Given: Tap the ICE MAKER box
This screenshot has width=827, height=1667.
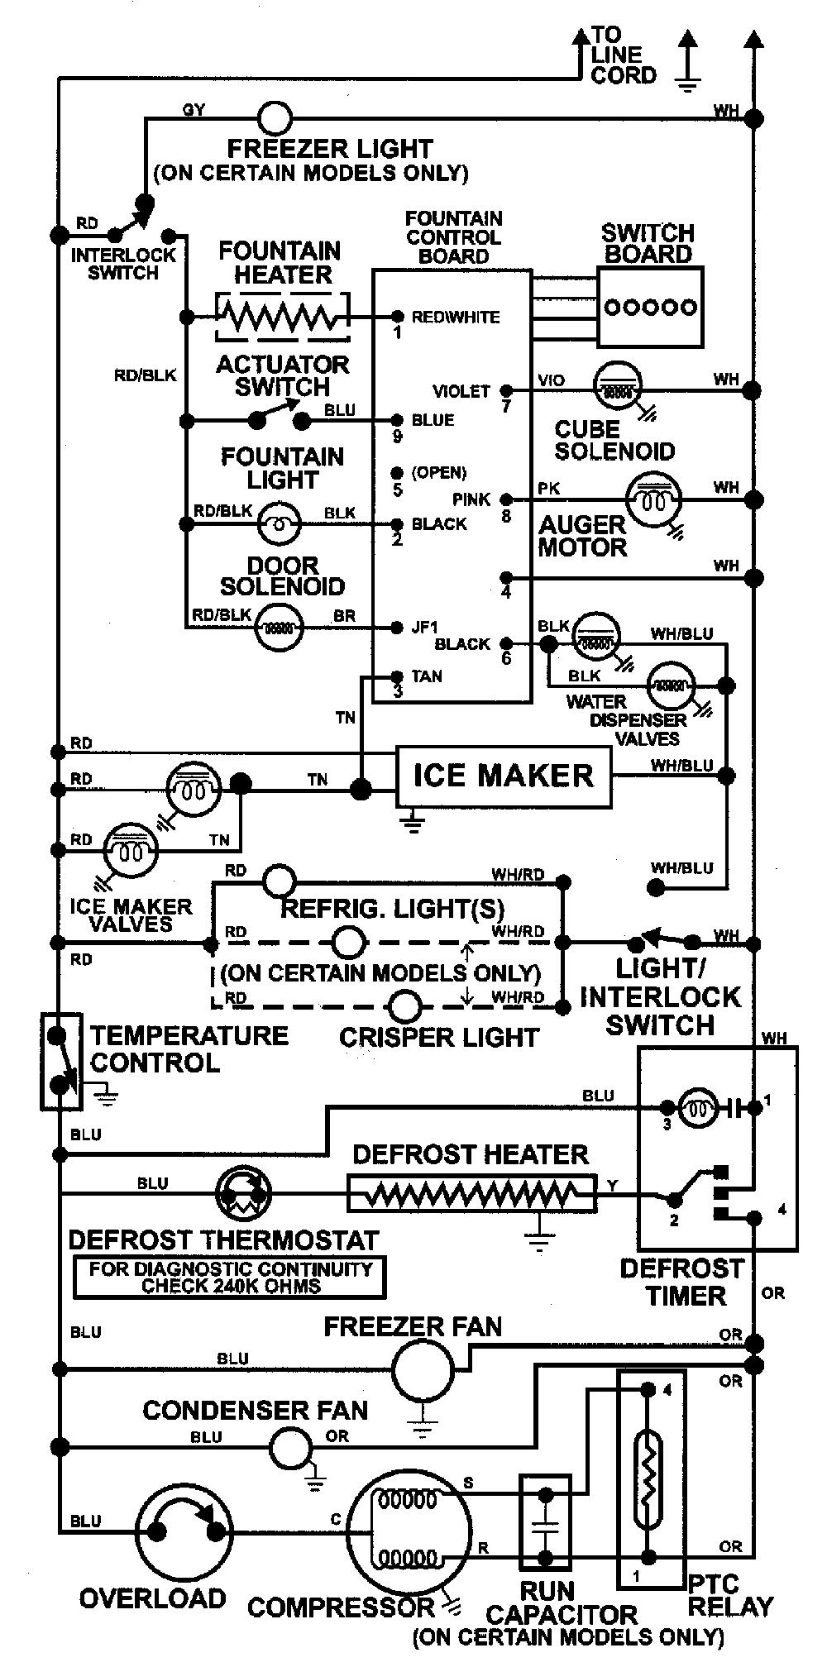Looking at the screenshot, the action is pos(504,776).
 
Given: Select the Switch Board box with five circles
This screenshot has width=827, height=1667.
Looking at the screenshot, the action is pos(650,307).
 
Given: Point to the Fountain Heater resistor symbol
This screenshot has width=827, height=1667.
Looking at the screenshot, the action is pos(282,316).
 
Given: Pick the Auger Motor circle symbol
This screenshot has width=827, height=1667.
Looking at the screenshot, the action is pos(653,499).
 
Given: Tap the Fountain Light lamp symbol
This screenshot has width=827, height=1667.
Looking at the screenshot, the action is pos(280,524).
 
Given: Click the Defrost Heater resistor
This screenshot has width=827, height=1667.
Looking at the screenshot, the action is pos(471,1193).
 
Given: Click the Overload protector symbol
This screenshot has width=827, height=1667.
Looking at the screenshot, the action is pos(184,1532).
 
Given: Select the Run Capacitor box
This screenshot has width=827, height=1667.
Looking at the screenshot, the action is pos(545,1522).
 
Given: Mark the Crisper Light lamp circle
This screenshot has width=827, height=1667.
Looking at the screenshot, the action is pos(405,1007).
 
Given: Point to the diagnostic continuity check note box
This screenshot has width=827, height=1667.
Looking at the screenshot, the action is pos(231,1278).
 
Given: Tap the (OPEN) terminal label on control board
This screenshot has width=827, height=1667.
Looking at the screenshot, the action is pos(439,473).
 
